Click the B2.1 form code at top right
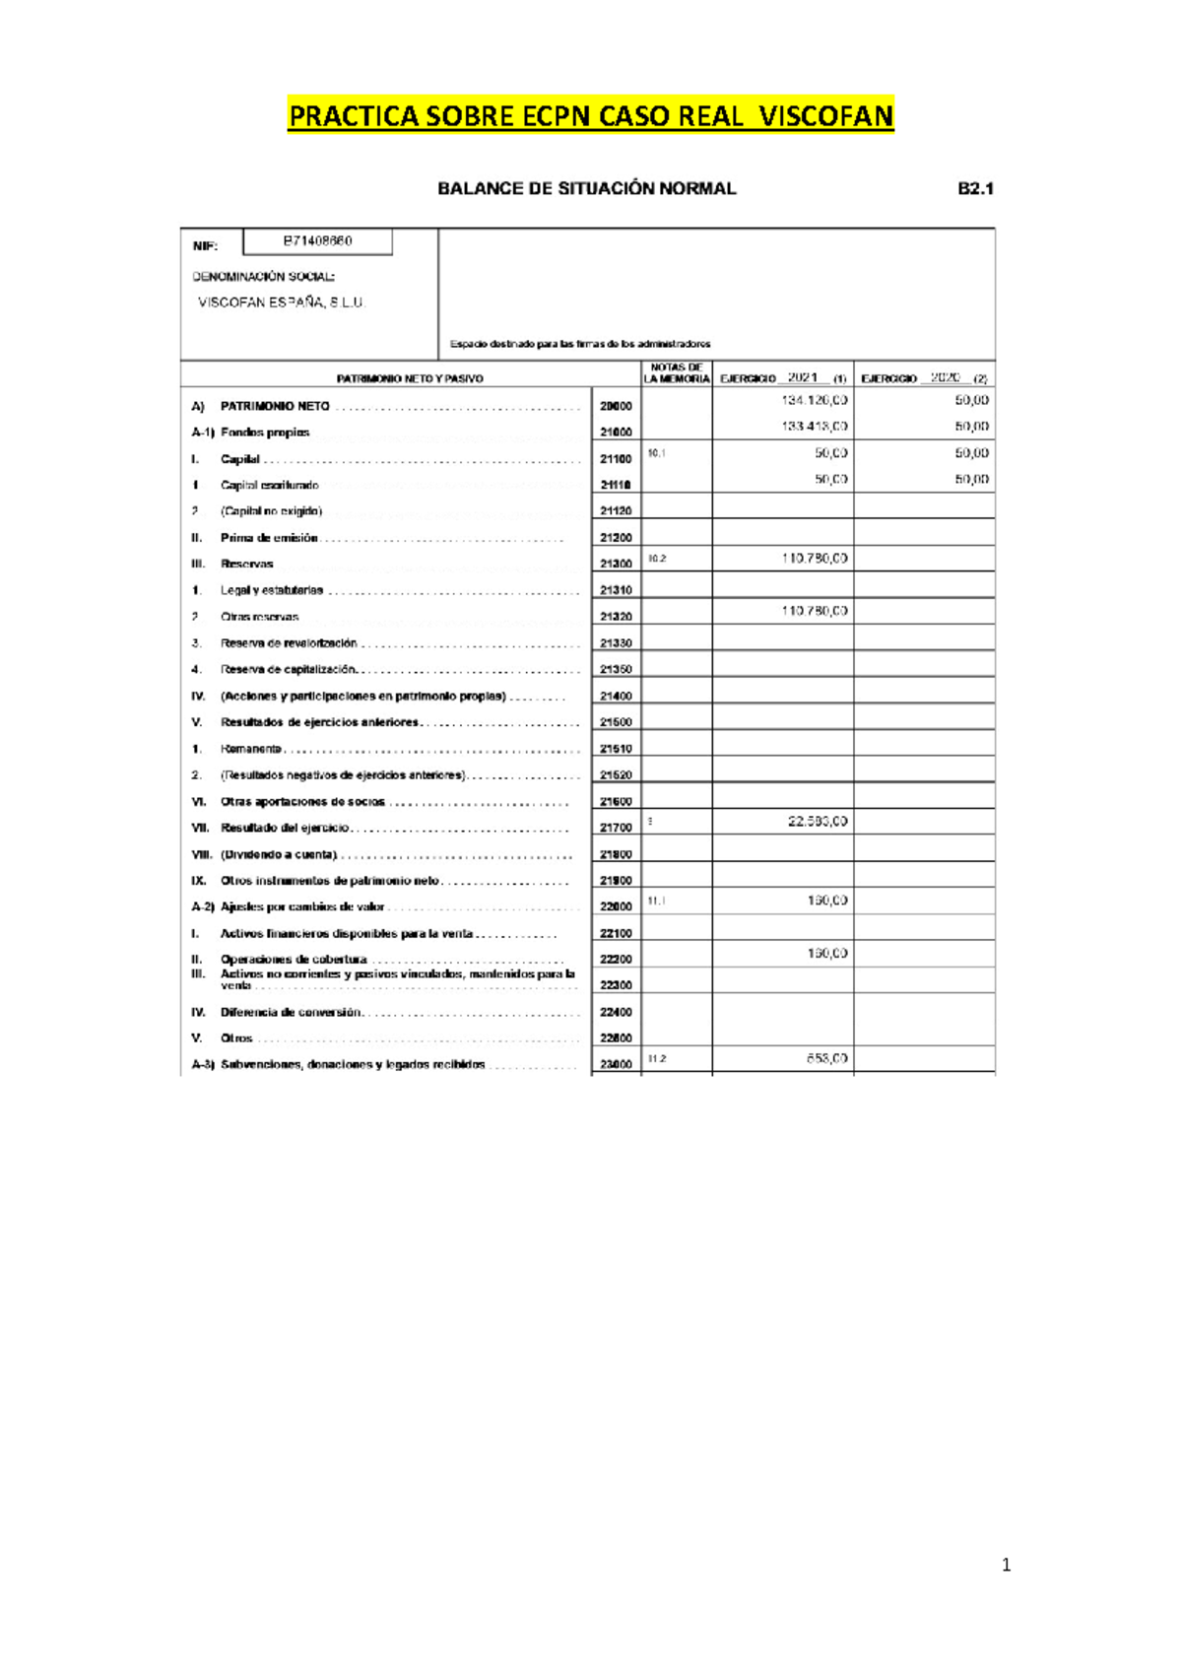point(975,189)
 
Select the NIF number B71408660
point(317,241)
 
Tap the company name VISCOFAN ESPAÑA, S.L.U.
point(282,302)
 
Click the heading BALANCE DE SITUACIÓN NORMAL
point(586,189)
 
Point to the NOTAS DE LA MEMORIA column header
point(676,373)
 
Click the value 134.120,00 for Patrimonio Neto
point(814,400)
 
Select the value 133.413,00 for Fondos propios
point(814,427)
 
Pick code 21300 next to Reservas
point(616,565)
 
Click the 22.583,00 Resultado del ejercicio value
point(817,821)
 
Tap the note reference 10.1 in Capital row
point(657,453)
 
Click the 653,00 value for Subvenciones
point(826,1058)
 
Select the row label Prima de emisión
point(269,538)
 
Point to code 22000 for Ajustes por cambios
point(616,907)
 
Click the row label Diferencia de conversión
point(291,1012)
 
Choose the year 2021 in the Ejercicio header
point(802,377)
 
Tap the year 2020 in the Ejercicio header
point(945,377)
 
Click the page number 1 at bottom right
point(1005,1565)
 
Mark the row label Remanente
point(250,749)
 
